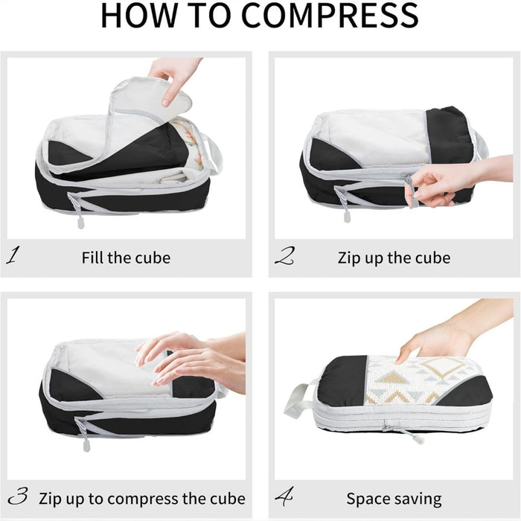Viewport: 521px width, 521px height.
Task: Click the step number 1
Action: click(13, 258)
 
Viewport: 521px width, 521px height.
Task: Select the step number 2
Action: click(284, 258)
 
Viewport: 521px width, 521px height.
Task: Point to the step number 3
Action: click(18, 497)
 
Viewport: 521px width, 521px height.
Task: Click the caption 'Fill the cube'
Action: click(126, 258)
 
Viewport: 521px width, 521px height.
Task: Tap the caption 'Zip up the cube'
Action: click(394, 258)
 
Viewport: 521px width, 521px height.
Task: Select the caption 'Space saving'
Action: click(394, 498)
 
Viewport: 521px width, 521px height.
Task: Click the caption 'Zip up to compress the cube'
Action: click(143, 498)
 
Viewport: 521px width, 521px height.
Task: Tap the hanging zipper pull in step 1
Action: click(80, 220)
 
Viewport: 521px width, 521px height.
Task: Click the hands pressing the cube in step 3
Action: click(186, 357)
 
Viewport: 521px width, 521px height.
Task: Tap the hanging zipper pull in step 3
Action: click(86, 447)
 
